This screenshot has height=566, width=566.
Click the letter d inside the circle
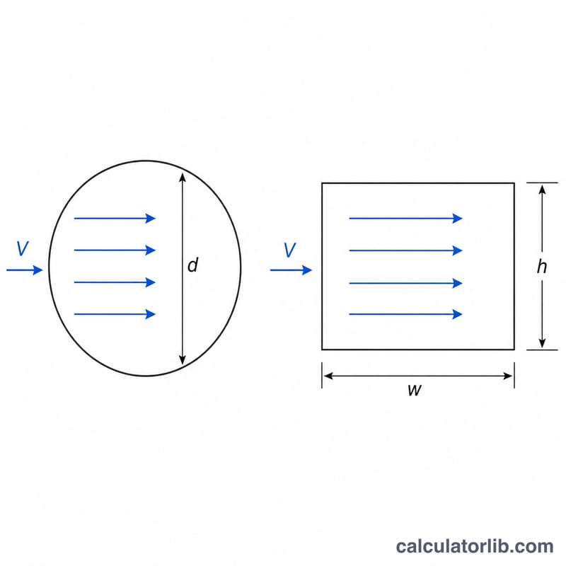[x=192, y=265]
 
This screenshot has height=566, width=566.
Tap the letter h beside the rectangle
[x=541, y=267]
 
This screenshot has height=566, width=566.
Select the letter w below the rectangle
[x=415, y=390]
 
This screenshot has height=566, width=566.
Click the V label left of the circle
[x=23, y=249]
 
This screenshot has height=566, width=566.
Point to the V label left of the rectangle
[x=290, y=250]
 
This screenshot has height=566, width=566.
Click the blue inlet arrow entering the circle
[x=25, y=270]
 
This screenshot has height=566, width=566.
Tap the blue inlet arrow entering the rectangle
[x=291, y=270]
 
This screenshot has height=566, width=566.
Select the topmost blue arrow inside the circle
[x=115, y=218]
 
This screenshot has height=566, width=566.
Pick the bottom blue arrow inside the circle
[x=115, y=314]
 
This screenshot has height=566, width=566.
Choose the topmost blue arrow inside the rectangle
[x=405, y=218]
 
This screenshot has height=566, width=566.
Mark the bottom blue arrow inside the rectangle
[x=405, y=314]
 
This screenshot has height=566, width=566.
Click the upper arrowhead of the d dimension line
[x=183, y=178]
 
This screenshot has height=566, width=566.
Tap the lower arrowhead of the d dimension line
[x=183, y=360]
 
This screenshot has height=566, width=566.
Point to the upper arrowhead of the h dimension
[x=542, y=190]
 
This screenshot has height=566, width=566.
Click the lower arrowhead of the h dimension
[x=542, y=343]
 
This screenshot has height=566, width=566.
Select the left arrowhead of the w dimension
[x=328, y=376]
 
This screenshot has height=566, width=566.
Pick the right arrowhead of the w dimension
[x=507, y=376]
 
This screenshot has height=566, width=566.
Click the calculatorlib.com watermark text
[x=475, y=546]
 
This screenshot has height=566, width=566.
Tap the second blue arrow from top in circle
[x=115, y=250]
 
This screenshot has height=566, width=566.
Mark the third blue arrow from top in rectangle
[x=405, y=283]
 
